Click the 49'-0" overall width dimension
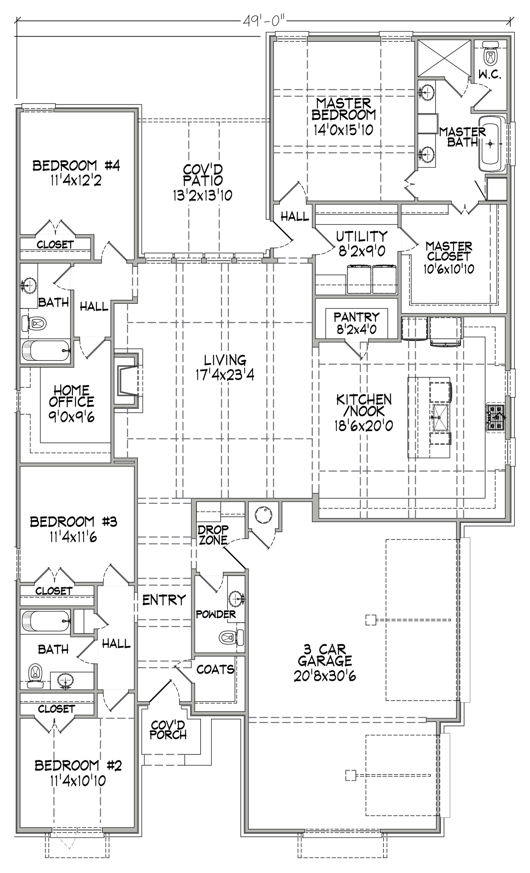(x=264, y=21)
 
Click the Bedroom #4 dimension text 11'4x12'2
(x=76, y=181)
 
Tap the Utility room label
(x=362, y=236)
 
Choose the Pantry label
(x=356, y=316)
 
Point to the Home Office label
(x=71, y=396)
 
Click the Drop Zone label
(x=213, y=535)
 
